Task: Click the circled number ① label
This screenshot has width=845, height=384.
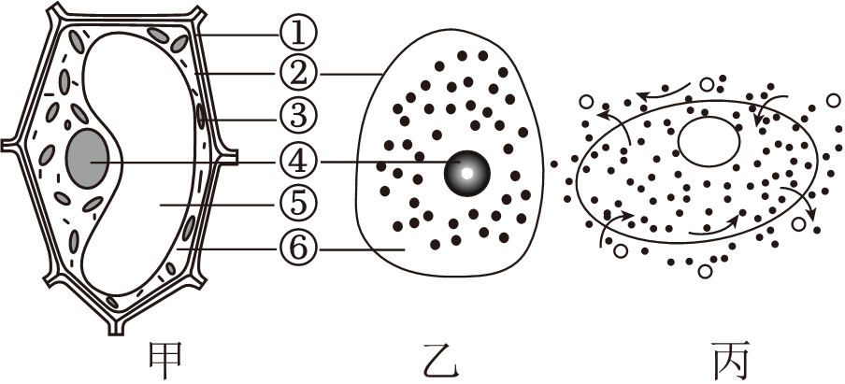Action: pyautogui.click(x=298, y=35)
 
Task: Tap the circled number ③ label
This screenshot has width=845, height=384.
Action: pyautogui.click(x=298, y=116)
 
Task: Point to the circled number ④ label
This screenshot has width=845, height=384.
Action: pyautogui.click(x=298, y=161)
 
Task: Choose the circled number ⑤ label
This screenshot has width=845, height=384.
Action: pyautogui.click(x=298, y=202)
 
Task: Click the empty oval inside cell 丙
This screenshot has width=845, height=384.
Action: pyautogui.click(x=709, y=141)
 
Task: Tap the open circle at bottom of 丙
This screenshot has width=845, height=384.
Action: pyautogui.click(x=706, y=271)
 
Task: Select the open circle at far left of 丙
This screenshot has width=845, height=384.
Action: pyautogui.click(x=586, y=102)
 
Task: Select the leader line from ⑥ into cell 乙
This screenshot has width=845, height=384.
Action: pyautogui.click(x=360, y=249)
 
